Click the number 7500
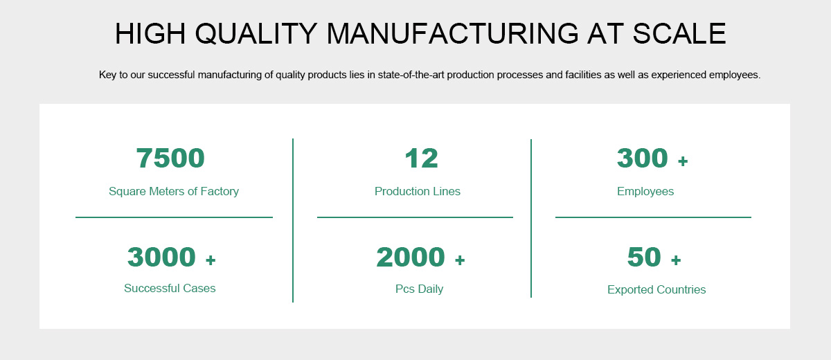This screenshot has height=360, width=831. click(170, 158)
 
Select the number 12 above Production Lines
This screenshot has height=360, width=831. click(422, 159)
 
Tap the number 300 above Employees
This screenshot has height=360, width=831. click(642, 158)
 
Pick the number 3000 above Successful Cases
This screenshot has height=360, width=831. click(161, 257)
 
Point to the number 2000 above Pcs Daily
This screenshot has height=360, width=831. click(410, 257)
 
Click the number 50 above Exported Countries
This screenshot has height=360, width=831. click(644, 257)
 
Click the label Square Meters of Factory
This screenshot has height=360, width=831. click(174, 191)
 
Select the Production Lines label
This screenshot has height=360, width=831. click(418, 191)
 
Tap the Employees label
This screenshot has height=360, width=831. click(645, 192)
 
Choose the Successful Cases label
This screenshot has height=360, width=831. click(170, 289)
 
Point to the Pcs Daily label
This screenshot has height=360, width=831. click(419, 289)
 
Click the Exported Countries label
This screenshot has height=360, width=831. click(656, 289)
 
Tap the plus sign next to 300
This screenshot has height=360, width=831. click(683, 161)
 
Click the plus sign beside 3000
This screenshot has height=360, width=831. click(211, 260)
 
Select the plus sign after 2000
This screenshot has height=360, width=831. click(460, 260)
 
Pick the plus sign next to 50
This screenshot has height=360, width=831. click(676, 260)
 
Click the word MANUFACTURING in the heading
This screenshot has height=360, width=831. click(453, 33)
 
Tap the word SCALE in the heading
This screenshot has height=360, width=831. click(679, 33)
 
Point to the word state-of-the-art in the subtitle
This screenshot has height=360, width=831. click(411, 75)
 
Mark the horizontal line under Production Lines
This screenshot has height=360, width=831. click(415, 217)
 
